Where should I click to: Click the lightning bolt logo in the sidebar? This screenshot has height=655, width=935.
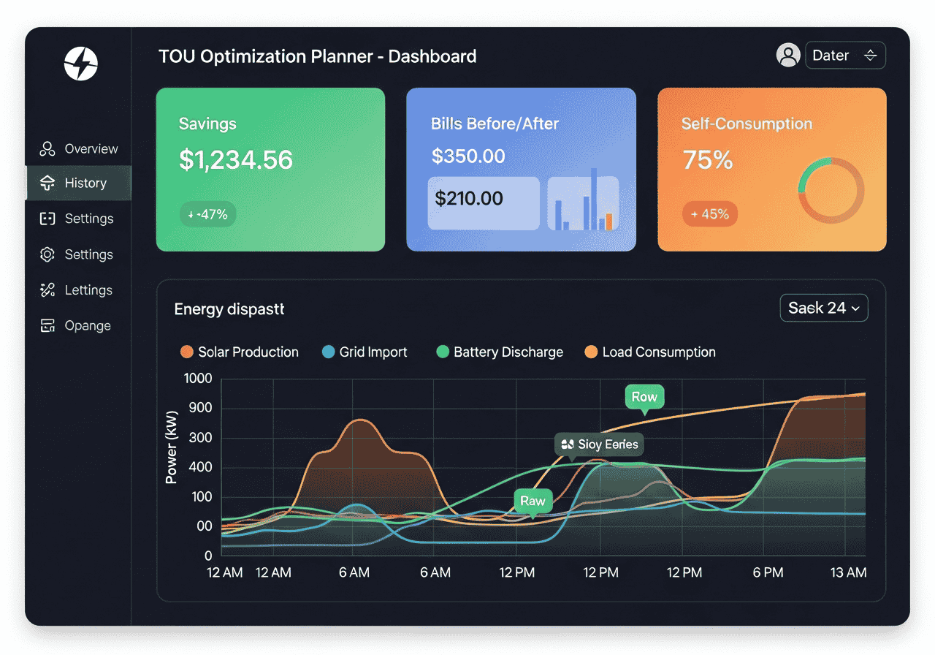80,64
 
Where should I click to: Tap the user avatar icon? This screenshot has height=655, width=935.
787,56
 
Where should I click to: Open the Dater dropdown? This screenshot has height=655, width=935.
845,56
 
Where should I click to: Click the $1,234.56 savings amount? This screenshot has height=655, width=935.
235,160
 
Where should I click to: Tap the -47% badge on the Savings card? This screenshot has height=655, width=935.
207,214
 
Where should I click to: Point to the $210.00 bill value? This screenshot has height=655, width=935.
469,198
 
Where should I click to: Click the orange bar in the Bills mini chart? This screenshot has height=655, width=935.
609,221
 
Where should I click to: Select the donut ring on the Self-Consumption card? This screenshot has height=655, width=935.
831,190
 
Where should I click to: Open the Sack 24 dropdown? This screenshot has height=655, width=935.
823,308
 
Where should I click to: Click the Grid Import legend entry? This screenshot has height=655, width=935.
365,352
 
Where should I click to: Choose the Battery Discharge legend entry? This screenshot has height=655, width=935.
500,352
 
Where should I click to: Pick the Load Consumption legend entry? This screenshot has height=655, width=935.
650,352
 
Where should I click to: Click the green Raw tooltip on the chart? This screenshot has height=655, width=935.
533,501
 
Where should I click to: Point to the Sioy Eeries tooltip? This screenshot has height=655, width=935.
599,444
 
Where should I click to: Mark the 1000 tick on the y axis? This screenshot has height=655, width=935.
198,379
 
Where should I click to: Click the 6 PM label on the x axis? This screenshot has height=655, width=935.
768,572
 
